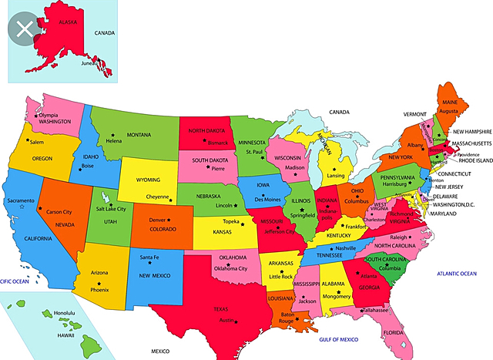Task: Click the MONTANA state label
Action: pos(139,135)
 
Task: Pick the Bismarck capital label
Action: pos(218,143)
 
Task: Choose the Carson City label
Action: pos(59,211)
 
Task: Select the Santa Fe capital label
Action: pos(149,257)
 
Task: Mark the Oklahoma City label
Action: pos(230,268)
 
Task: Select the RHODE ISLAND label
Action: pos(474,161)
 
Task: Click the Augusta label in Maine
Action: pos(450,111)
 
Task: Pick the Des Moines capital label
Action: pos(268,198)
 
